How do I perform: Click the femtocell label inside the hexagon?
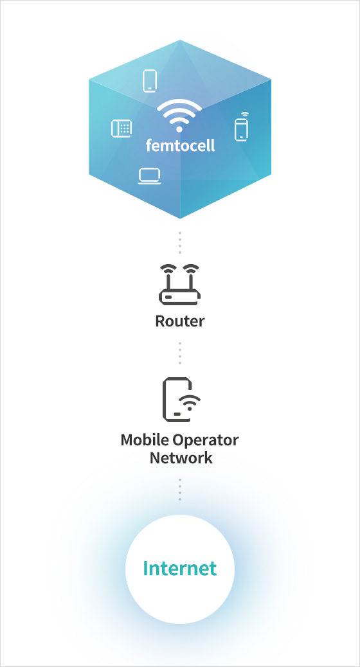[x=180, y=145]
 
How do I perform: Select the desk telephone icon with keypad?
[x=122, y=128]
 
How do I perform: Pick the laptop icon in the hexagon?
[x=149, y=176]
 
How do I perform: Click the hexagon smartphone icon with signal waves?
[x=241, y=127]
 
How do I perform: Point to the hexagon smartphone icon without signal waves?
[x=149, y=81]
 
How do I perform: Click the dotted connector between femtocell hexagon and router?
[x=180, y=242]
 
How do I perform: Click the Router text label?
[x=179, y=321]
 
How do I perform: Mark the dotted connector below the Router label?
[x=180, y=353]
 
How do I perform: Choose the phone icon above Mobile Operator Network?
[x=181, y=400]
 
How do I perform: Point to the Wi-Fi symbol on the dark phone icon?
[x=190, y=402]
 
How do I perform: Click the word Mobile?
[x=143, y=440]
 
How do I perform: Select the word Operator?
[x=204, y=440]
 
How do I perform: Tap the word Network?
[x=181, y=458]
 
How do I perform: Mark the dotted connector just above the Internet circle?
[x=180, y=489]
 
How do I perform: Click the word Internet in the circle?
[x=180, y=568]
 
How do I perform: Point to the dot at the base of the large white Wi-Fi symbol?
[x=179, y=129]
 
